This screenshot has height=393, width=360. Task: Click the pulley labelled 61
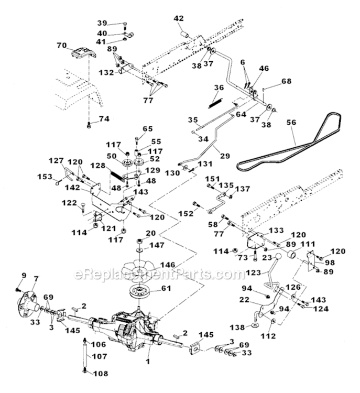139,291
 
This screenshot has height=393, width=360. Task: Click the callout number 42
179,18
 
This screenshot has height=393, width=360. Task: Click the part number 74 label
104,119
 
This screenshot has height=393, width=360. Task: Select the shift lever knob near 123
287,259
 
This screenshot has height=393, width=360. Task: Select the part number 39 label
102,23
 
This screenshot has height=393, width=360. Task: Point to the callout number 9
24,275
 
